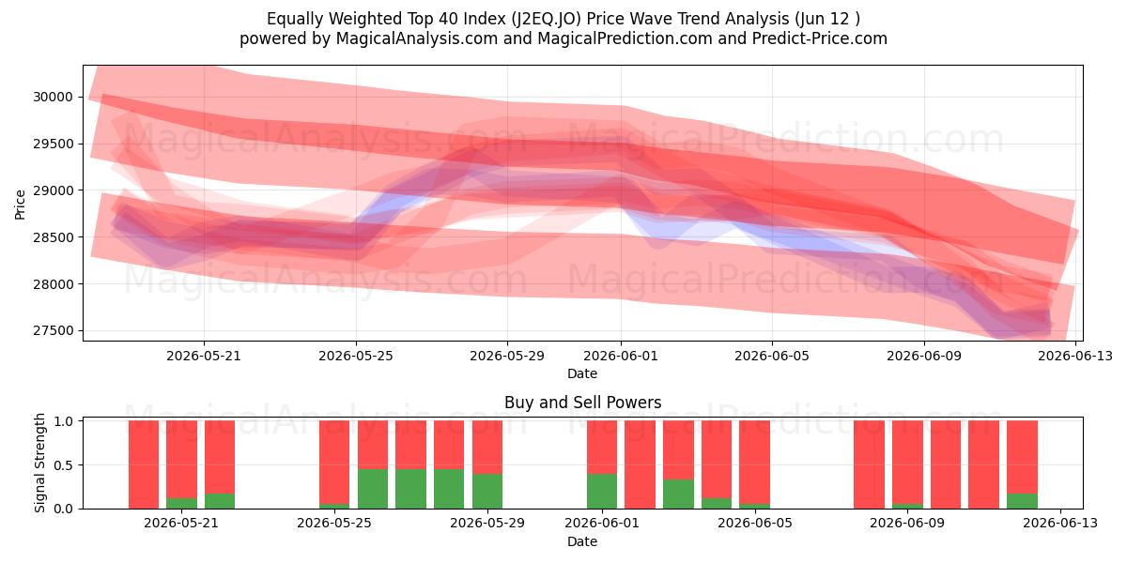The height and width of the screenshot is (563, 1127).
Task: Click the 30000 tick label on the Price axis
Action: click(x=53, y=97)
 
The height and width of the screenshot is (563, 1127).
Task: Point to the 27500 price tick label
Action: click(x=53, y=330)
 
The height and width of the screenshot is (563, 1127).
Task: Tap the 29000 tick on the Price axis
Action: click(x=53, y=190)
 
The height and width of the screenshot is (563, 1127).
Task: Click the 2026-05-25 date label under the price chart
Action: click(x=356, y=356)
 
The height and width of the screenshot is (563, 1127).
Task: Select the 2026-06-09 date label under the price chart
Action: click(x=924, y=356)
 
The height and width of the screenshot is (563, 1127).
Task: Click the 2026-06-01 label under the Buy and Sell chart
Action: click(x=602, y=523)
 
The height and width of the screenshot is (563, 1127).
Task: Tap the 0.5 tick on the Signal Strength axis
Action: click(x=64, y=465)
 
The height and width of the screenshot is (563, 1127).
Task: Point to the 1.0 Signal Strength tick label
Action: click(x=64, y=421)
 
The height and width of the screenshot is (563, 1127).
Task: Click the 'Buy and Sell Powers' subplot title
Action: click(x=582, y=403)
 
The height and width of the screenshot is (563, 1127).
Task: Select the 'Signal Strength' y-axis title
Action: click(x=39, y=463)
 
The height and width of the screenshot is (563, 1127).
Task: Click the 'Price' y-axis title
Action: click(x=20, y=205)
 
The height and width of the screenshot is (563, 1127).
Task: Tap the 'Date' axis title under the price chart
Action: click(x=582, y=373)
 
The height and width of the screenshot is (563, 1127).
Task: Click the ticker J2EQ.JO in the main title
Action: click(x=546, y=19)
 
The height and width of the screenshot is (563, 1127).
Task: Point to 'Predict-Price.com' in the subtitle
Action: click(x=820, y=38)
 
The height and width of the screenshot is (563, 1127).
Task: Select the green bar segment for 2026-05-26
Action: click(x=373, y=489)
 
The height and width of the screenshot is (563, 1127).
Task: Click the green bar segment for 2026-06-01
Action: click(x=602, y=491)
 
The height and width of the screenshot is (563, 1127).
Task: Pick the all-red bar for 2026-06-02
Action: click(x=640, y=464)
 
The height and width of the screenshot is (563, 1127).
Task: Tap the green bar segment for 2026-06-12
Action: click(x=1022, y=501)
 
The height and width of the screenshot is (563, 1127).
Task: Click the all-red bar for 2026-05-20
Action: click(x=144, y=464)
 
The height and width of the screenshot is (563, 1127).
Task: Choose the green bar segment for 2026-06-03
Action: click(x=678, y=494)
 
